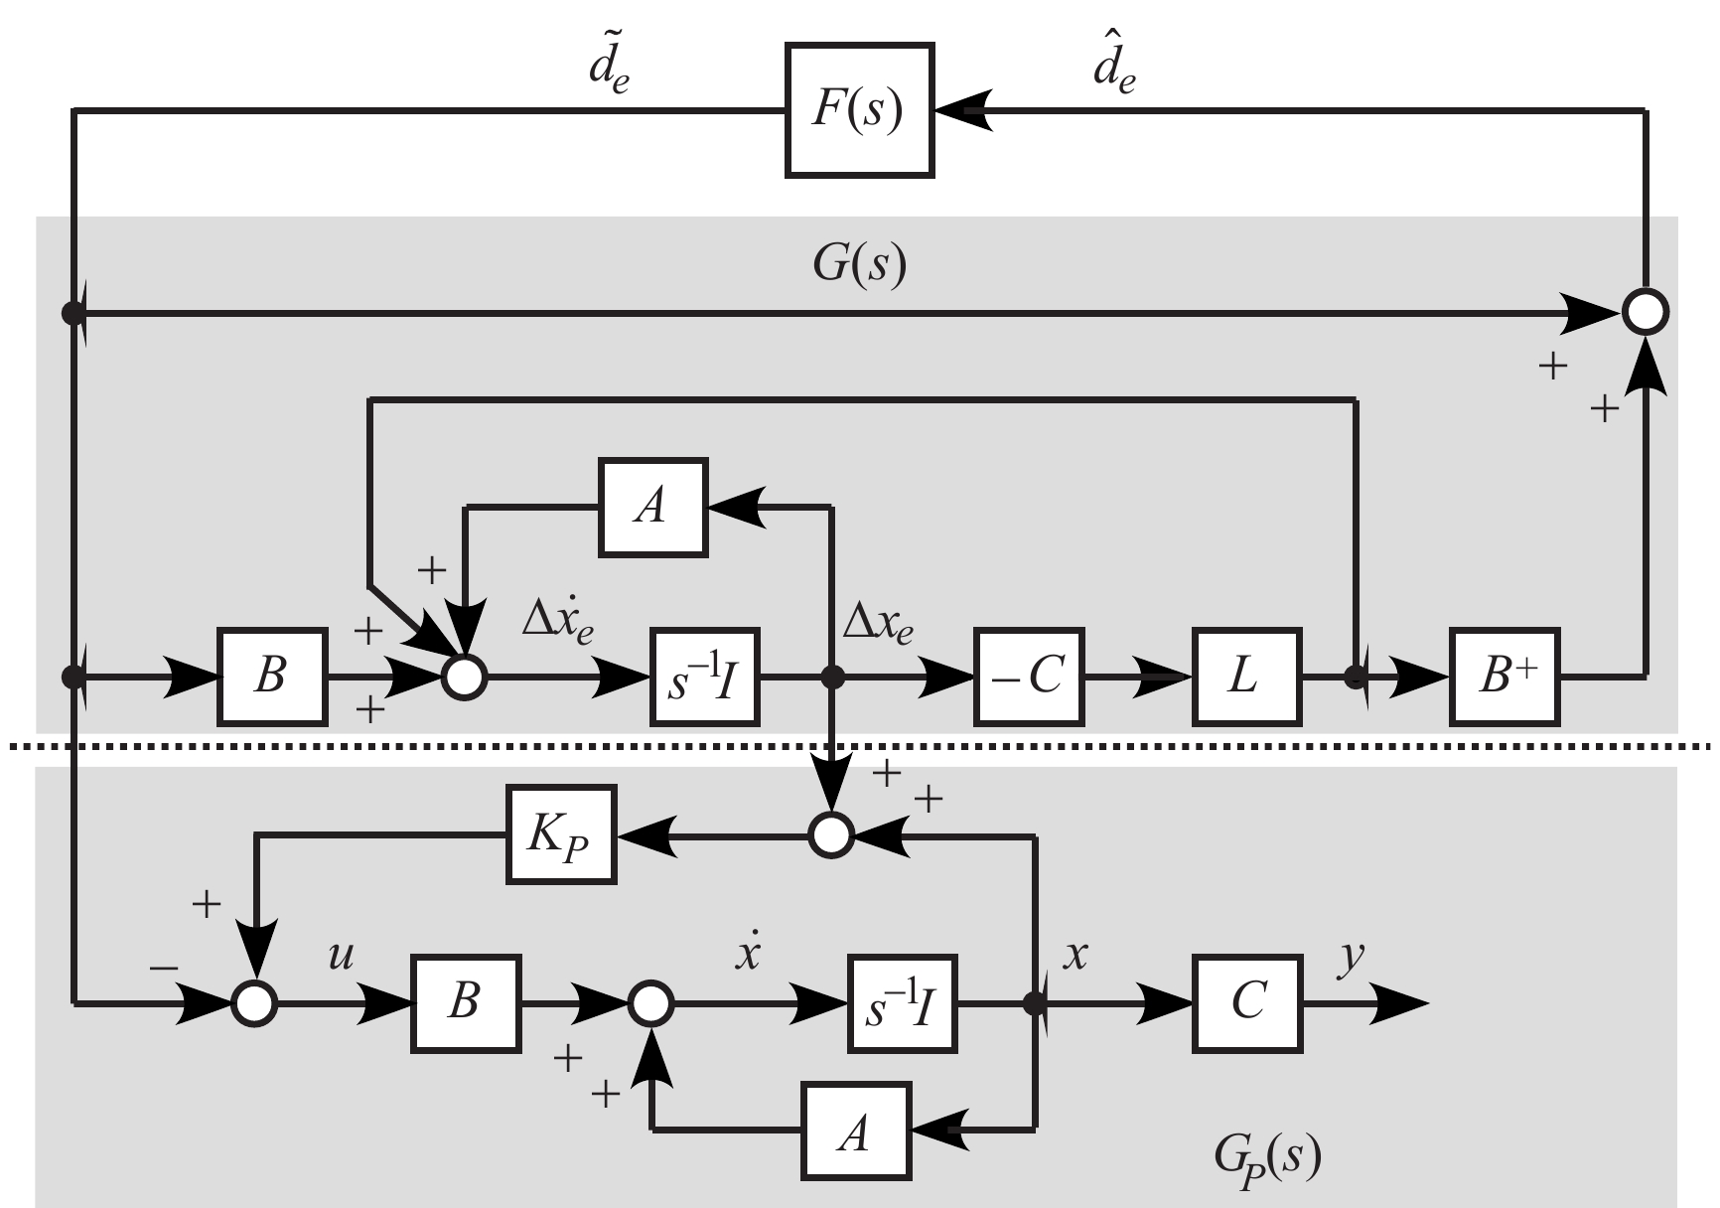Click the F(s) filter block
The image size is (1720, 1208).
859,110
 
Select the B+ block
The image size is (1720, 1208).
1505,677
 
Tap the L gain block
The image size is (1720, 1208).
1246,677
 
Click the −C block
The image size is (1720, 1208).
1029,677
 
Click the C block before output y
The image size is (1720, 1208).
1247,1003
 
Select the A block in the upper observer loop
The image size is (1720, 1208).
652,508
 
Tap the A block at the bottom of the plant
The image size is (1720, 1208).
856,1131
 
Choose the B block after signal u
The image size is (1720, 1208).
465,1003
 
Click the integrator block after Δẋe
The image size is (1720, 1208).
705,677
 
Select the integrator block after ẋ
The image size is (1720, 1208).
902,1003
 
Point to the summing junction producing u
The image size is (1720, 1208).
254,1003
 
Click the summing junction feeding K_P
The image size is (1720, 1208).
830,835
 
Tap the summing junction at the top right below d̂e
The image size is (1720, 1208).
1646,313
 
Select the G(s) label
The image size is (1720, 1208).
860,266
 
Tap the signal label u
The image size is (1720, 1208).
341,957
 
